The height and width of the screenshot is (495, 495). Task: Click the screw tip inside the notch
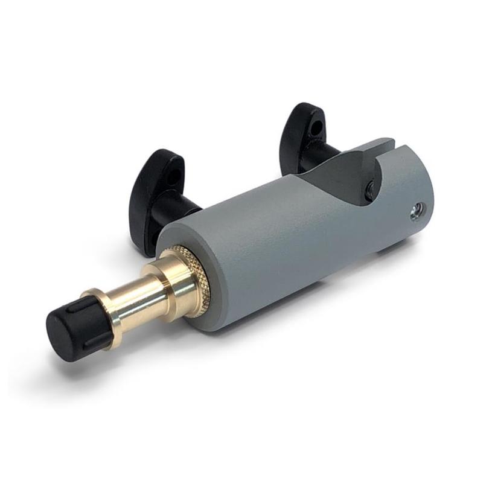point(369,188)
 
